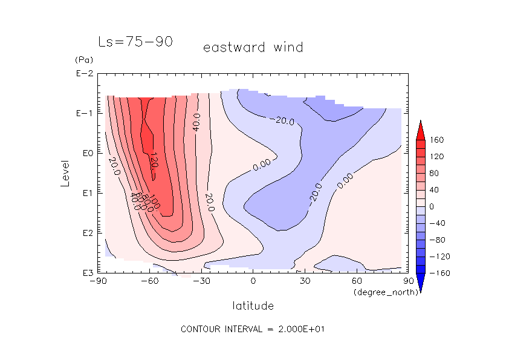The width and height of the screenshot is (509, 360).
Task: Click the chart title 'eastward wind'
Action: tap(253, 47)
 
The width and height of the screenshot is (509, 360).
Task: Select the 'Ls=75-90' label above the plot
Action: tap(136, 42)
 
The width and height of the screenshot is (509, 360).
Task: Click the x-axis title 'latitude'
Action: tap(253, 306)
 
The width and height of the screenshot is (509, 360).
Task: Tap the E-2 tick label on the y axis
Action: tap(83, 74)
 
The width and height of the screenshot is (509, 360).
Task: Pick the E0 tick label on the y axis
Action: tap(83, 153)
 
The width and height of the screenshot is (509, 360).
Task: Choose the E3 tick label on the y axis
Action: tap(83, 273)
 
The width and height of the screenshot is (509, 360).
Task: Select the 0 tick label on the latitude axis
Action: tap(253, 281)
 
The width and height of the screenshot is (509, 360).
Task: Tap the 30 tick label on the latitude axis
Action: tap(305, 281)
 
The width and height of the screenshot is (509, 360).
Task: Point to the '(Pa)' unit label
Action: tap(83, 61)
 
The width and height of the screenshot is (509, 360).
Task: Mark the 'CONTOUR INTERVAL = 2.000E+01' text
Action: tap(254, 329)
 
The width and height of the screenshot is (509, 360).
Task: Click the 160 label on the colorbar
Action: tap(437, 140)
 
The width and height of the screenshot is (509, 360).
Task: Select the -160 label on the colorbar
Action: tap(438, 273)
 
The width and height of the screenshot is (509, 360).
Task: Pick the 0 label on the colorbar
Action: tap(432, 206)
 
